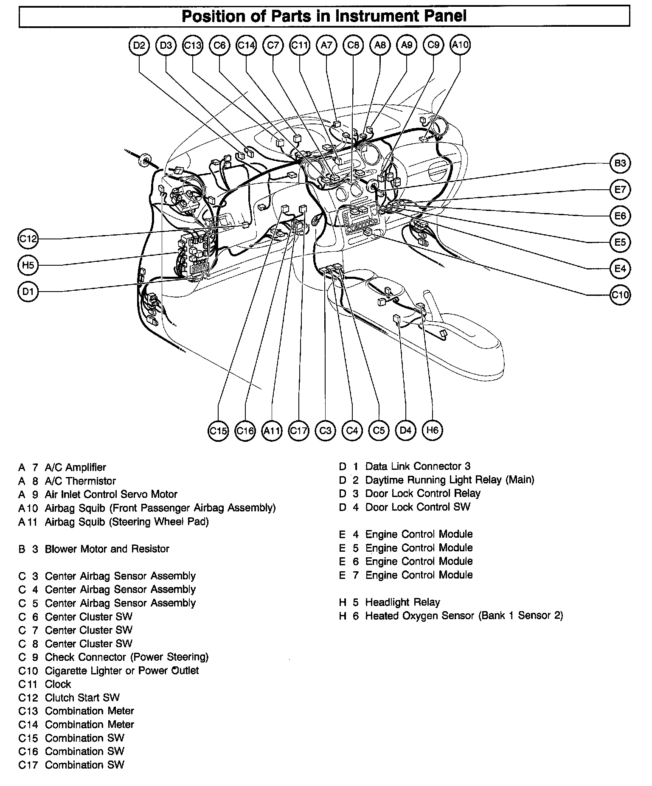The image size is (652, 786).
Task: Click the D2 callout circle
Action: coord(139,45)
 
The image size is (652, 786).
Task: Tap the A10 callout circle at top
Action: coord(460,45)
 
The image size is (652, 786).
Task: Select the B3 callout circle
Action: coord(620,163)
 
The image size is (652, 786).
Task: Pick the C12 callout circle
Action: coord(28,239)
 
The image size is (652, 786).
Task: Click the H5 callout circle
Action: coord(28,266)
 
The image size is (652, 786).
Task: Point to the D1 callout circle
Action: coord(28,292)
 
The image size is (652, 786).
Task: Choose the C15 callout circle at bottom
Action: coord(219,431)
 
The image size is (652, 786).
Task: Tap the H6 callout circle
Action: coord(432,430)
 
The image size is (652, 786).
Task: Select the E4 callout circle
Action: coord(620,269)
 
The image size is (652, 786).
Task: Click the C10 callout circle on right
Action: coord(620,295)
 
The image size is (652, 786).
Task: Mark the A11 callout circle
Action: coord(272,431)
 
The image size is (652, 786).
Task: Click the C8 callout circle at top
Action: coord(353,45)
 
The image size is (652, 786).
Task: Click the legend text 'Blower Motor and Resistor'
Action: coord(107,549)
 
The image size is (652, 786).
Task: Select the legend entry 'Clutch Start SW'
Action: coord(82,698)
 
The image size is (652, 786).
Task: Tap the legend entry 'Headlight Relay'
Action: coord(402,602)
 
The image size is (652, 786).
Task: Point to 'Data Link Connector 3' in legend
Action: coord(418,466)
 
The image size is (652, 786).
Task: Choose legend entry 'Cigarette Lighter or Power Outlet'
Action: coord(122,671)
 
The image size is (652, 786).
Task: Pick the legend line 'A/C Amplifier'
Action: coord(76,467)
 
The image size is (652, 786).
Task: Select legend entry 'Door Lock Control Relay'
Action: coord(423,494)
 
